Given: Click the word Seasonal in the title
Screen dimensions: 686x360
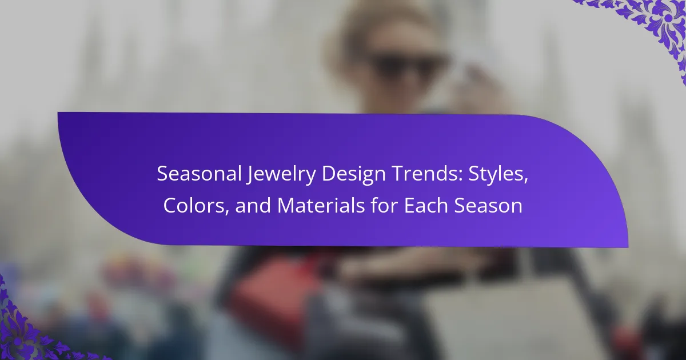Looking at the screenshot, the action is coord(199,174).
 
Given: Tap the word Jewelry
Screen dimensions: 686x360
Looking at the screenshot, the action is coord(281,175).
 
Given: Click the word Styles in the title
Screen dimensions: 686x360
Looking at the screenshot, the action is coord(494,175).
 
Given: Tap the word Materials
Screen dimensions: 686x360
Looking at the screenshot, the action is coord(321,205).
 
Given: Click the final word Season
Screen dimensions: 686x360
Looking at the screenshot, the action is coord(488,206).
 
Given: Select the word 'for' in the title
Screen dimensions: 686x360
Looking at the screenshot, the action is coord(384,205).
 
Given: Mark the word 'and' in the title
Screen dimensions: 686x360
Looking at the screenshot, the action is coord(253,205).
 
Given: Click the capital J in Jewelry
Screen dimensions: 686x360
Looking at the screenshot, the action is coord(250,175).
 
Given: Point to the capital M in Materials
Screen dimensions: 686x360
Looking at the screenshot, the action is coord(286,205).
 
